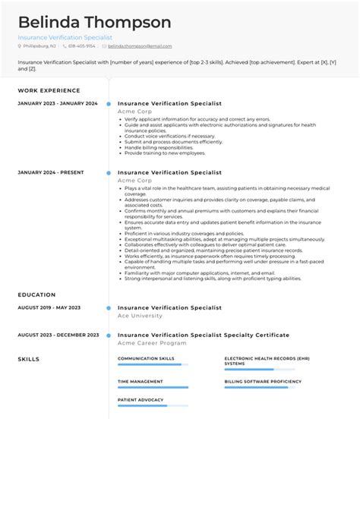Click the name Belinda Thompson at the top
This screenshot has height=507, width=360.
click(x=95, y=22)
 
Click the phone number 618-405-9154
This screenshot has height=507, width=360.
click(x=81, y=46)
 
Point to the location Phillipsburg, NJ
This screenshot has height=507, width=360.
click(x=39, y=46)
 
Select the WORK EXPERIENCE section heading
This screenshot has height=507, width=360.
click(x=49, y=90)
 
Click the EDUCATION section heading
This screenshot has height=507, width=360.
click(x=36, y=294)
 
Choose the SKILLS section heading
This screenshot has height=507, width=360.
click(x=29, y=359)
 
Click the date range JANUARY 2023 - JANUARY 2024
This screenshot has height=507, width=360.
click(x=58, y=104)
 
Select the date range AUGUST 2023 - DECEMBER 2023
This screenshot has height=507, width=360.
click(x=58, y=335)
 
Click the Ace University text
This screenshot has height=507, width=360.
click(x=140, y=315)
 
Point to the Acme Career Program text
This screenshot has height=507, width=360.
click(x=152, y=342)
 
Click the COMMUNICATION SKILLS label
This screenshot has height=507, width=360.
click(x=146, y=358)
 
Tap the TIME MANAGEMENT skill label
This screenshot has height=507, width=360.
click(x=141, y=381)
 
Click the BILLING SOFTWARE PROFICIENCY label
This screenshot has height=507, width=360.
click(x=263, y=381)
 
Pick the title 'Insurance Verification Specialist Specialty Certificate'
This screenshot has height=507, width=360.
click(x=204, y=335)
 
